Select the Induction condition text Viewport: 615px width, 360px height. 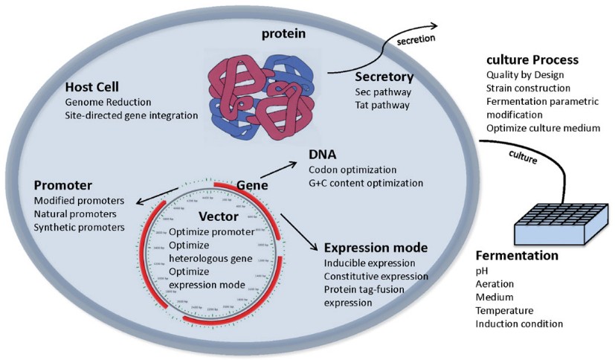pyautogui.click(x=519, y=324)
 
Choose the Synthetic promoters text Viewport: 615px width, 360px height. pyautogui.click(x=80, y=227)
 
